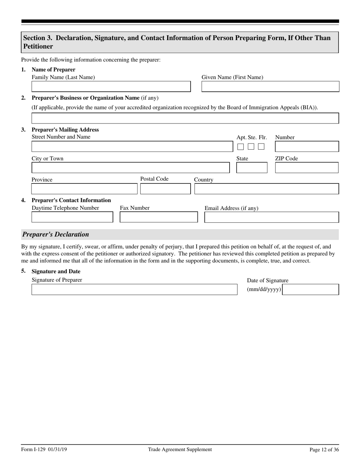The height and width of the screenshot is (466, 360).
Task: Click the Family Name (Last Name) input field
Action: tap(111, 87)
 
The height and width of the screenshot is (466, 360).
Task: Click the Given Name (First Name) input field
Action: tap(270, 87)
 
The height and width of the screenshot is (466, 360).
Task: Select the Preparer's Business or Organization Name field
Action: tap(185, 118)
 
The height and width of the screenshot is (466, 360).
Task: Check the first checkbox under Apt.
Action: tap(241, 147)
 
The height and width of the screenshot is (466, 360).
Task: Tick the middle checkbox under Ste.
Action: tap(251, 147)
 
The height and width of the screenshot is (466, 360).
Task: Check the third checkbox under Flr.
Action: tap(261, 147)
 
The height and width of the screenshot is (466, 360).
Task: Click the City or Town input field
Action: tap(130, 168)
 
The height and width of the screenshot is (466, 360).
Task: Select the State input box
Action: tap(252, 168)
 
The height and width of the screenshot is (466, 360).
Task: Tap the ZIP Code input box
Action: tap(307, 168)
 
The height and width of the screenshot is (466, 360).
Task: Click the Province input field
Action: tap(84, 189)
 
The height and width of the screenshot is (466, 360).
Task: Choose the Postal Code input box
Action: tap(165, 189)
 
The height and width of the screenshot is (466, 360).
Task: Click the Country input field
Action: tap(266, 189)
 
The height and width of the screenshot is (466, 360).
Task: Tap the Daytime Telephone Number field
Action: tap(72, 217)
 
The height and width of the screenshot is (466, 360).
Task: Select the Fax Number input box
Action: tap(159, 217)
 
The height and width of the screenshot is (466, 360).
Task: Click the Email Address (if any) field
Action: tap(272, 217)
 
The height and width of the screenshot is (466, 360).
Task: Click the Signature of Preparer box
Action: tap(134, 289)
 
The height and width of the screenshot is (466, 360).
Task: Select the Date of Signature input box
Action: tap(311, 289)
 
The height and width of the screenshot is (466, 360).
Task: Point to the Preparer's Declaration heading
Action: tap(56, 235)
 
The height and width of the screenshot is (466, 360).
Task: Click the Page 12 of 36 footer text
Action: tap(324, 450)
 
